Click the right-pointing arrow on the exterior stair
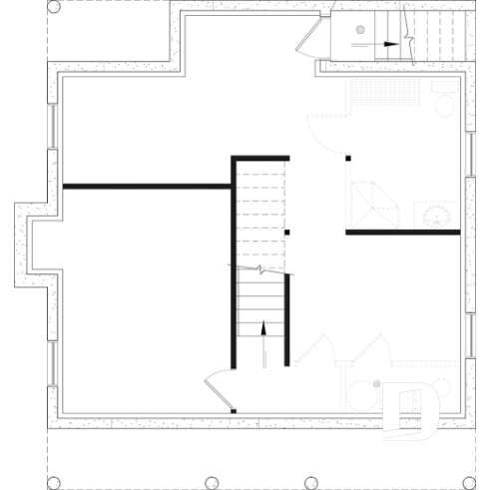tap(390, 44)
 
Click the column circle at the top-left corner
tap(53, 7)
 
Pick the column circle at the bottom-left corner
tap(53, 482)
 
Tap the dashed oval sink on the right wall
tap(436, 214)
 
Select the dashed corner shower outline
tap(371, 204)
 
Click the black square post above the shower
tap(348, 158)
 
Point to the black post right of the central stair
tap(286, 233)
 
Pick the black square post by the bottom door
tap(233, 410)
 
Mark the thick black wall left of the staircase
tap(147, 186)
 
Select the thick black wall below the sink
tap(403, 233)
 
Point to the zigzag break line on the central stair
tap(261, 269)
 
